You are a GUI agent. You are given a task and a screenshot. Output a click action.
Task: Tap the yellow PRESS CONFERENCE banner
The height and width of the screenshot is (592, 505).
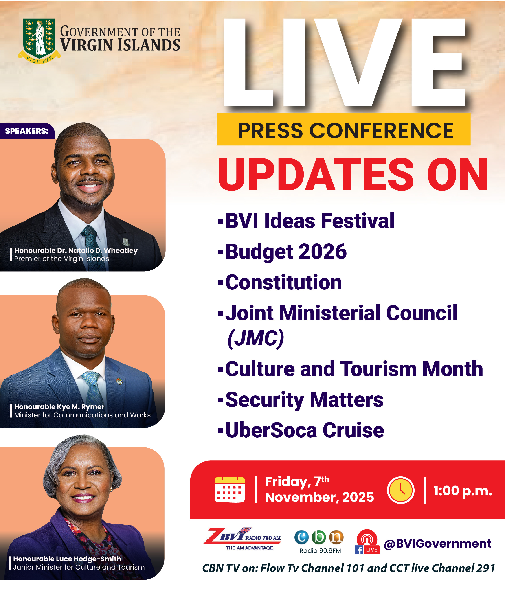pos(343,129)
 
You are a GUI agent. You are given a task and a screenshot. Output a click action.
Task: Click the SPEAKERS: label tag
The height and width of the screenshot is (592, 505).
pos(27,131)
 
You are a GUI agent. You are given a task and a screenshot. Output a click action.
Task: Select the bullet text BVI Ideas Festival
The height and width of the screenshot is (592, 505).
pos(310,221)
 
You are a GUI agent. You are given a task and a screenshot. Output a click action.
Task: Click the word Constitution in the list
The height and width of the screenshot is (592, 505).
pos(283,282)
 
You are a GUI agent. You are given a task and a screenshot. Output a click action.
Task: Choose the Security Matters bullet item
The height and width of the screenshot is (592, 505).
pos(304,400)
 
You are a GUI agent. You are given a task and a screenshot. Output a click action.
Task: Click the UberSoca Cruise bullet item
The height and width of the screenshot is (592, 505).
pos(305,430)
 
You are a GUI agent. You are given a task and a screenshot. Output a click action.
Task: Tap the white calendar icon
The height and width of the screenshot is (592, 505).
pos(230,490)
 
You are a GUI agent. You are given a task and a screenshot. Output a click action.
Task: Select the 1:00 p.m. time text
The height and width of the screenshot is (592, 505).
pos(463,491)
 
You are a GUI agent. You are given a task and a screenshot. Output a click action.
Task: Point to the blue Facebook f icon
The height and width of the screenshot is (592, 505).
pos(359,550)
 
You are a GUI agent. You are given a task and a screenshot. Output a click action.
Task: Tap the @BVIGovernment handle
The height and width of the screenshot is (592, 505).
pos(437,544)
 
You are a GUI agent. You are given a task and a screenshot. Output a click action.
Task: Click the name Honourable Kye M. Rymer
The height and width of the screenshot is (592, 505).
pos(59,407)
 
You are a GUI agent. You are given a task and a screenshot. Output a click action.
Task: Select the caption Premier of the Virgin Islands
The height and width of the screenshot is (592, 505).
pos(62,259)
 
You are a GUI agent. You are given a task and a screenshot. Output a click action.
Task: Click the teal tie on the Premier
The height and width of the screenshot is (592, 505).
pos(93,248)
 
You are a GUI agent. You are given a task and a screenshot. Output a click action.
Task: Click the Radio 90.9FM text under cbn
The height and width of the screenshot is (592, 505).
pos(320,550)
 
